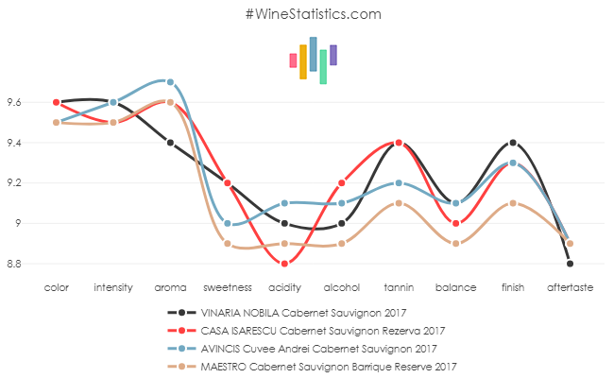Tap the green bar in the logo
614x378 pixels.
323,66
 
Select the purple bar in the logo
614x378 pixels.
333,55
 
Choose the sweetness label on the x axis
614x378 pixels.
227,286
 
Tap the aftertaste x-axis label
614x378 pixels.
570,286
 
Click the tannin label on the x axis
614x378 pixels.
399,286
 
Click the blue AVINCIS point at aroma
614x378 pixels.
170,82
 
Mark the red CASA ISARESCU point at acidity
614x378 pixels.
284,264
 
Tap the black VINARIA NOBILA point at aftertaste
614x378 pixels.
570,264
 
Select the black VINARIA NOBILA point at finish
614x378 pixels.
513,143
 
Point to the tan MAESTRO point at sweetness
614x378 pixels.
228,244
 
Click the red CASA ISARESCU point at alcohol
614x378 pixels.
342,183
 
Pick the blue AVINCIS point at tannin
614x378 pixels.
399,183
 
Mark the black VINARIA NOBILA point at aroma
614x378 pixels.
170,143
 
